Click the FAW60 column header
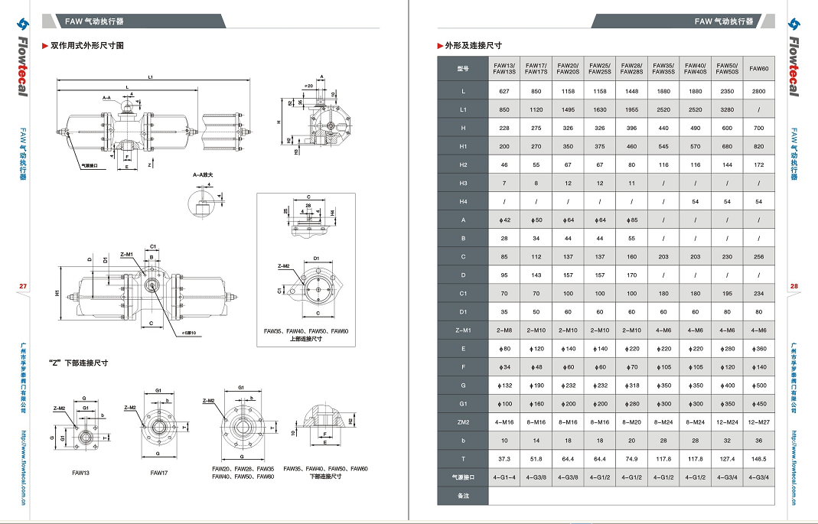tap(758, 69)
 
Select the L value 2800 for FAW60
tap(758, 91)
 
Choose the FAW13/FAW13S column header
tap(504, 69)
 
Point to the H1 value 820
tap(758, 146)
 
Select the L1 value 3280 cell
tap(726, 109)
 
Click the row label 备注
tap(462, 496)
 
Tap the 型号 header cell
tap(462, 69)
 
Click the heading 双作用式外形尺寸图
tap(86, 46)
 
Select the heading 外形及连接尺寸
tap(473, 46)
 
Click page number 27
tap(22, 286)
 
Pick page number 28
tap(794, 286)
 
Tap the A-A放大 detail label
tap(204, 175)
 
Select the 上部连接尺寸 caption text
tap(305, 339)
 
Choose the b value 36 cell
tap(758, 441)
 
